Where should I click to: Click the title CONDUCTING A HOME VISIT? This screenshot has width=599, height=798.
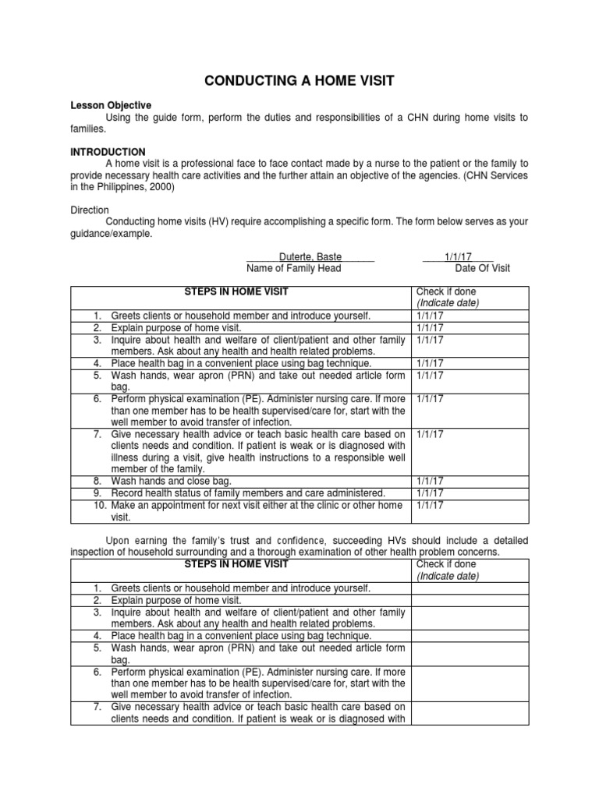point(299,80)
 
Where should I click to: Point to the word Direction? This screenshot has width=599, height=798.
point(90,210)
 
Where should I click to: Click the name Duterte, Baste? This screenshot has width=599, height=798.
point(310,256)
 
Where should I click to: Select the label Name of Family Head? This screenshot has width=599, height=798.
point(293,268)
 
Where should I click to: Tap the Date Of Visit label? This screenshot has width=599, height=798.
point(482,268)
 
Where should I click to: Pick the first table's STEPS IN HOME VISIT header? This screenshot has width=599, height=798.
point(236,291)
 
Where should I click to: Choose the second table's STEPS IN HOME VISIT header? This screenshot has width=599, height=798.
point(236,563)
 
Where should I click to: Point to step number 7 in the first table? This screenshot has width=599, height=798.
point(97,434)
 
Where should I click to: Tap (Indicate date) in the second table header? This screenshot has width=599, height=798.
point(448,576)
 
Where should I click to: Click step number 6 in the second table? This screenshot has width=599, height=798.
point(97,672)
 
